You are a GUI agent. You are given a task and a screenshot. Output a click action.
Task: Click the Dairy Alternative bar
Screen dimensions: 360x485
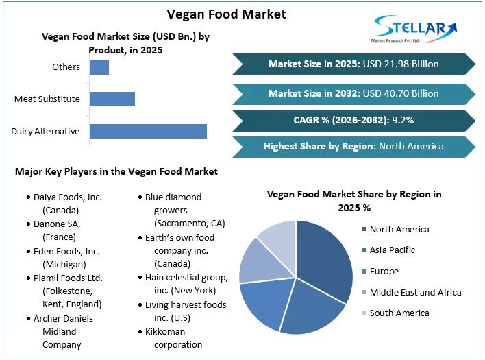click(x=148, y=131)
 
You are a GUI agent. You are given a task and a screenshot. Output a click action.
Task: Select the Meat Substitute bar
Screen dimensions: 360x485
click(x=112, y=99)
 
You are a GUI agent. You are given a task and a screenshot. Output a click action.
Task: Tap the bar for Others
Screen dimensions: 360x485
click(x=99, y=67)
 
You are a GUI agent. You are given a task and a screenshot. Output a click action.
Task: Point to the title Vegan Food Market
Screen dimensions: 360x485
click(x=227, y=14)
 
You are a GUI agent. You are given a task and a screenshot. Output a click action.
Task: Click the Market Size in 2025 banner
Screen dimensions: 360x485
click(x=353, y=64)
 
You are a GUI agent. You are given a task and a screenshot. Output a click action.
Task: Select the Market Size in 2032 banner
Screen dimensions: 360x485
click(x=353, y=93)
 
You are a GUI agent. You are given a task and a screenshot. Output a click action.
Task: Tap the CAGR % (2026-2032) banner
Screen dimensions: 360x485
click(x=353, y=120)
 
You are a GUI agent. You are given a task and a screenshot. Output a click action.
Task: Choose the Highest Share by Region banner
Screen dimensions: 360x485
click(x=353, y=146)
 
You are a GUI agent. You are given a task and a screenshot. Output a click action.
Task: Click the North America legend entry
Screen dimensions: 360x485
click(x=399, y=229)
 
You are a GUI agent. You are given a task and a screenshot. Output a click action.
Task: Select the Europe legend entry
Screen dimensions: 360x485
click(x=384, y=272)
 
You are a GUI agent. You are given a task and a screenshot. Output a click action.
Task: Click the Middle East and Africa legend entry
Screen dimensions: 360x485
click(x=414, y=292)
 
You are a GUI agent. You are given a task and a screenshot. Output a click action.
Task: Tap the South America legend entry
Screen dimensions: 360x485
click(x=399, y=313)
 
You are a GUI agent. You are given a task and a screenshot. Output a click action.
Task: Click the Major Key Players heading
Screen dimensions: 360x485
click(x=116, y=171)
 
